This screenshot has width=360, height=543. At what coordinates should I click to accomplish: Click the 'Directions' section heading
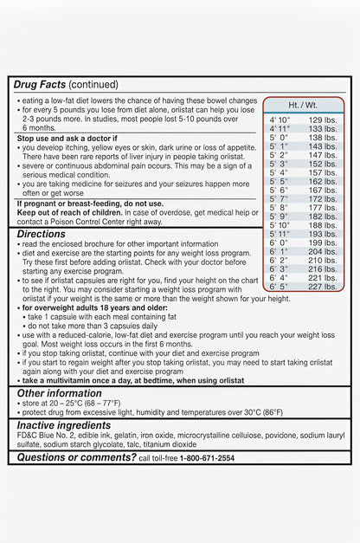pyautogui.click(x=41, y=234)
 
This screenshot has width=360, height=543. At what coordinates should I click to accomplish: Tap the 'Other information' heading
pyautogui.click(x=60, y=393)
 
